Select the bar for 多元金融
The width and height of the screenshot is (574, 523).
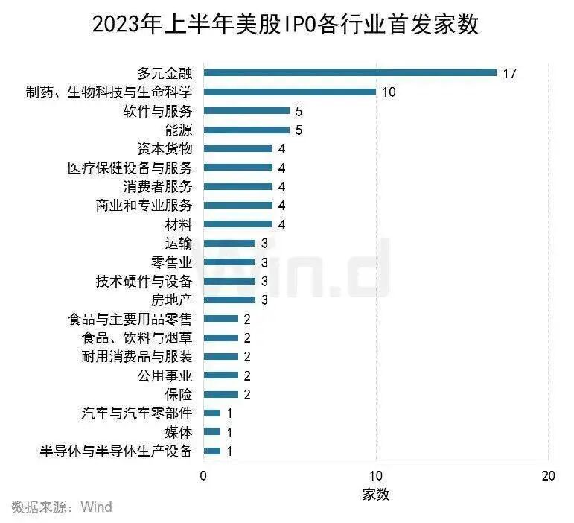point(350,73)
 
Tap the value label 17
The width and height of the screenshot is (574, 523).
point(509,73)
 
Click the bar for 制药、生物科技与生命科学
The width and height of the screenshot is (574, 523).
point(290,92)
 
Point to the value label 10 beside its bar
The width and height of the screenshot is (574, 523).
point(389,92)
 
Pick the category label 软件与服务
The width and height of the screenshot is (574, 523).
point(157,111)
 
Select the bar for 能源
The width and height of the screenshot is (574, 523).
point(246,130)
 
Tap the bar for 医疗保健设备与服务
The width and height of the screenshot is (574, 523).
point(238,168)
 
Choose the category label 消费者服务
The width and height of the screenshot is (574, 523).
point(157,186)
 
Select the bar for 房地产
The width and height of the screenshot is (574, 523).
point(229,299)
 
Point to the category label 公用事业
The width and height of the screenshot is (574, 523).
point(165,375)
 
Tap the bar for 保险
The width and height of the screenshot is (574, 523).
point(221,394)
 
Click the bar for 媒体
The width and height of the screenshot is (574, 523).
point(212,432)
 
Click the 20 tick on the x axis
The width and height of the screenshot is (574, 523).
point(549,476)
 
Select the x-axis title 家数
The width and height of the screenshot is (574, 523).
point(376,494)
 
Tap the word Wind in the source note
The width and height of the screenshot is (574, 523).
point(96,507)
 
